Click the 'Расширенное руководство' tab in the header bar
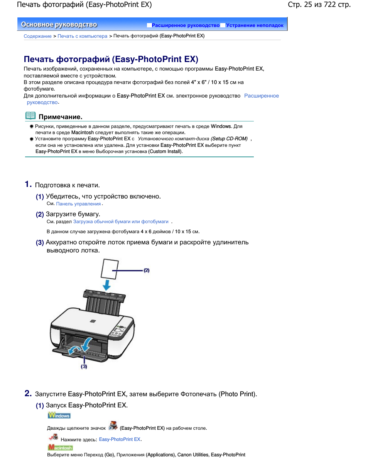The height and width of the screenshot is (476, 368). click(x=185, y=25)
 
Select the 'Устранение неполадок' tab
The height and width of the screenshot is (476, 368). click(x=255, y=25)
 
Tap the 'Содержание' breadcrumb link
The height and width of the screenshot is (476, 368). click(x=37, y=36)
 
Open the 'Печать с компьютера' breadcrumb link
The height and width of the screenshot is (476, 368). click(x=82, y=36)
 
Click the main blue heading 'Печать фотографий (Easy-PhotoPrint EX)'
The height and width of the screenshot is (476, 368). click(x=111, y=59)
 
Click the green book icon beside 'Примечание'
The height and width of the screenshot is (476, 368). click(x=30, y=116)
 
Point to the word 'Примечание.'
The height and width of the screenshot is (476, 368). click(x=60, y=117)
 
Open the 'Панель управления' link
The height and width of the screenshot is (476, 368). click(x=78, y=204)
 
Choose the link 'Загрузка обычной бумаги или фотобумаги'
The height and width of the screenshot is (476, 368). click(x=121, y=222)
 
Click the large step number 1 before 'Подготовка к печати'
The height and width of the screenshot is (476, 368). click(x=28, y=184)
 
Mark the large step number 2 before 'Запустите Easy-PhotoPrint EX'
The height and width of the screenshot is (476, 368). click(x=28, y=393)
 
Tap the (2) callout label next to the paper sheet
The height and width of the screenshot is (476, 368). click(x=147, y=271)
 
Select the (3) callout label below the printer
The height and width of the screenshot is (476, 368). click(x=84, y=367)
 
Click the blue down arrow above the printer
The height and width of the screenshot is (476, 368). click(x=107, y=285)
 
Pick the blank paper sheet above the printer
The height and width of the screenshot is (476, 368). click(x=110, y=269)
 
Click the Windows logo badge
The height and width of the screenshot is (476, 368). click(x=59, y=415)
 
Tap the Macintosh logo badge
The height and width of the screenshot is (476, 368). click(x=60, y=447)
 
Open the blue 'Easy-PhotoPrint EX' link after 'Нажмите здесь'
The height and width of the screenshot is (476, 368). click(x=120, y=439)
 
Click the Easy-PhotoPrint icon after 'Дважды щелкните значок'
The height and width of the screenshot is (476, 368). click(x=113, y=426)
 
